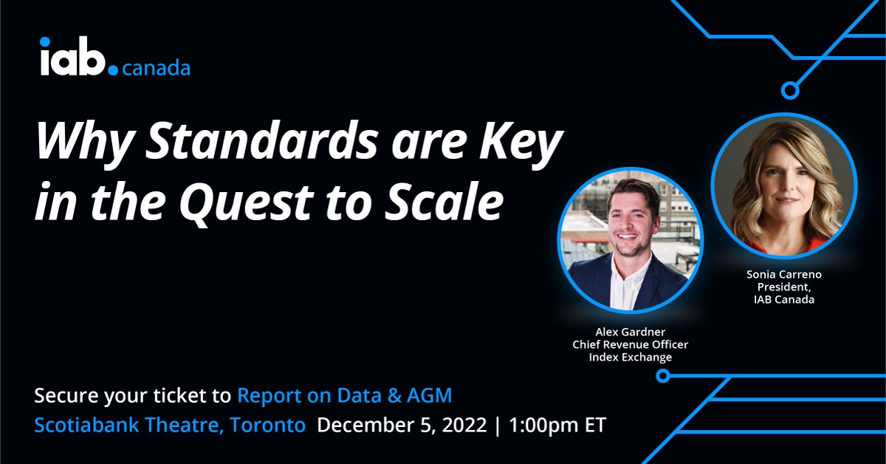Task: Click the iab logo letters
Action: (73, 59)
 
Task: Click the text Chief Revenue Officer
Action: (630, 344)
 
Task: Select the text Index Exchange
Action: (630, 358)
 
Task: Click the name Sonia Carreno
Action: (783, 274)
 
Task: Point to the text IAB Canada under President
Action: (783, 300)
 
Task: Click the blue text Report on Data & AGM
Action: (344, 396)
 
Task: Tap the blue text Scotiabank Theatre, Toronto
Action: (170, 426)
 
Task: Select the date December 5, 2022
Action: (402, 426)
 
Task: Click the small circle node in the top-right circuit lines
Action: (791, 91)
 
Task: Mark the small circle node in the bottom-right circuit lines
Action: (663, 376)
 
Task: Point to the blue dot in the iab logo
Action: (112, 71)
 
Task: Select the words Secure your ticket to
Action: (133, 396)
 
